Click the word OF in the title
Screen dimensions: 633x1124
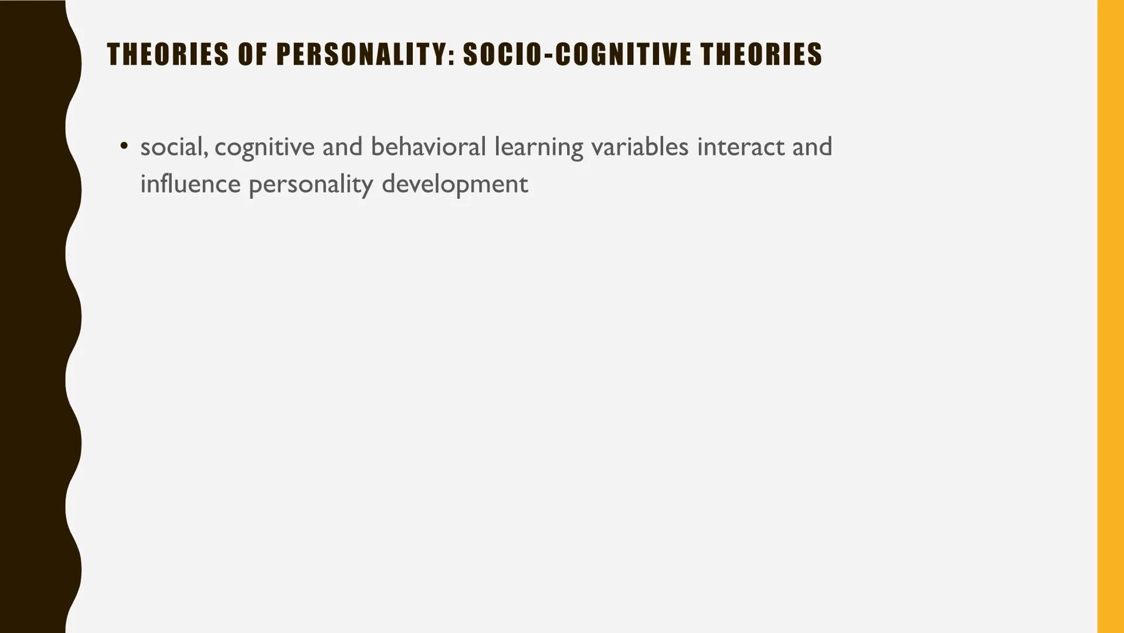[x=253, y=54]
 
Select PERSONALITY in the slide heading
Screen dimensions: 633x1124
[x=361, y=54]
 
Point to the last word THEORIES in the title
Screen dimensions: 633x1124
[x=762, y=54]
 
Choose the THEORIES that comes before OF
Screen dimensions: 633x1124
[x=168, y=54]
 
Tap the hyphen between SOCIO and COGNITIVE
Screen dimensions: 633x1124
[x=548, y=55]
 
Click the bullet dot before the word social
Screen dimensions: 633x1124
[x=124, y=145]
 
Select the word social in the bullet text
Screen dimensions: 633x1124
[x=172, y=147]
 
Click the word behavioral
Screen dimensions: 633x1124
[x=428, y=147]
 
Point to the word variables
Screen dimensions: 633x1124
[x=640, y=147]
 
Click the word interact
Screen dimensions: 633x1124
[x=741, y=147]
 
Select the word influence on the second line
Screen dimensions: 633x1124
[x=190, y=184]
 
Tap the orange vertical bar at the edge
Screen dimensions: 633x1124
[x=1111, y=316]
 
